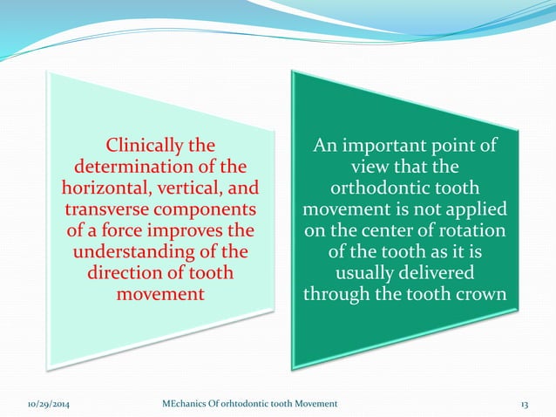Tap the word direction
click(123, 274)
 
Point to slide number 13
click(525, 404)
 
